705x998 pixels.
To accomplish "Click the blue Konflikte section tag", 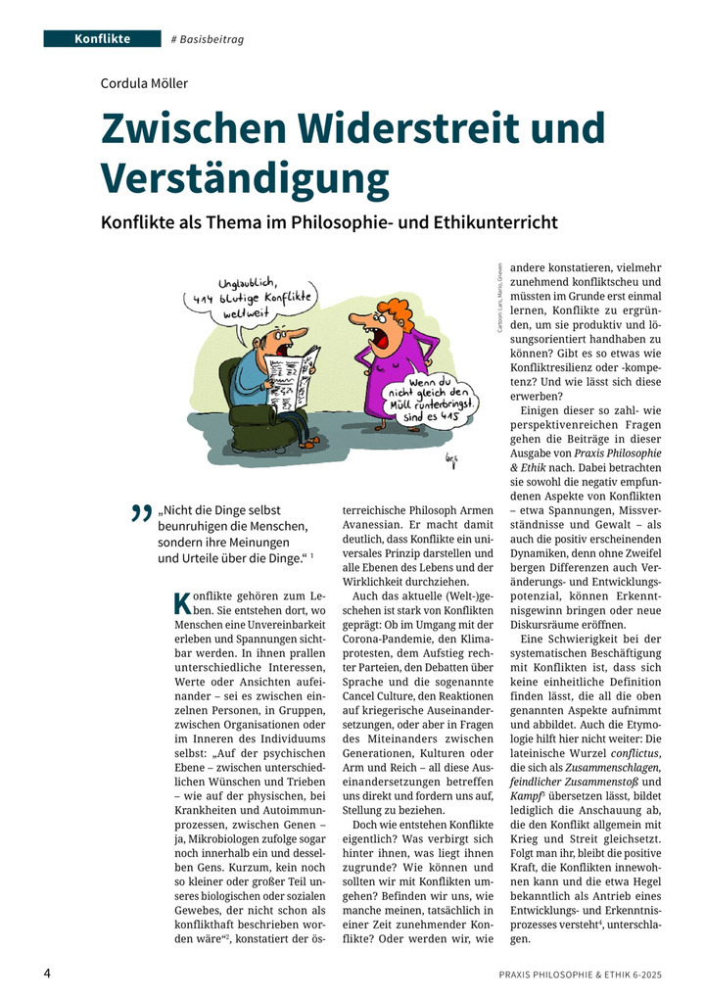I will click(101, 38).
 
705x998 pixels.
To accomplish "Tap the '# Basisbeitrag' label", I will click(208, 39).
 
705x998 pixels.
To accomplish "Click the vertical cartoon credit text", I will click(499, 300).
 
